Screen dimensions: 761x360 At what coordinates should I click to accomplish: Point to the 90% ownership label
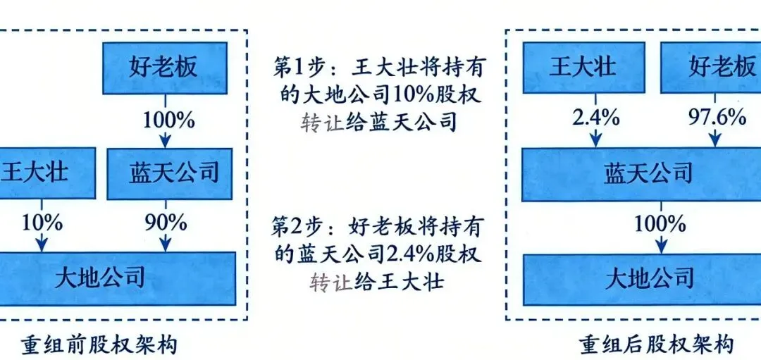(166, 223)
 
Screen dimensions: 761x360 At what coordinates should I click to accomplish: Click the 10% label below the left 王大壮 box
(42, 223)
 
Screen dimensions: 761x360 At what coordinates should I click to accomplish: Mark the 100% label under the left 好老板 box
(168, 120)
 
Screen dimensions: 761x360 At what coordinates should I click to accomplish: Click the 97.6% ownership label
(717, 118)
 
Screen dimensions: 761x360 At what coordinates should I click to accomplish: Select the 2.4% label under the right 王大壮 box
(596, 118)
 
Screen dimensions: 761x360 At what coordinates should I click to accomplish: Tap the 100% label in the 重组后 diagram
(660, 224)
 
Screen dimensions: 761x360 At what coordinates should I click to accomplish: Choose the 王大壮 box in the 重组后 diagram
(583, 68)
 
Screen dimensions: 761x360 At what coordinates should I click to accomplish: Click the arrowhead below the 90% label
(166, 245)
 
